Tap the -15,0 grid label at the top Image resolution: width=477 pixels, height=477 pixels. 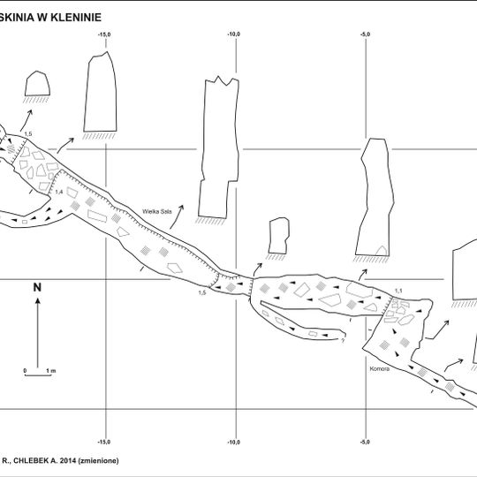(104, 34)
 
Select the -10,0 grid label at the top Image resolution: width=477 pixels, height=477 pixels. (234, 34)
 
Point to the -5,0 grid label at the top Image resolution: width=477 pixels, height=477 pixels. (365, 34)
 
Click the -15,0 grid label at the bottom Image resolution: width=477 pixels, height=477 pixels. (104, 442)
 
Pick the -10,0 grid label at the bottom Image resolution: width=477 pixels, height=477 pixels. (234, 442)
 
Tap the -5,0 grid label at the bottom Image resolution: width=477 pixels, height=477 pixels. (365, 442)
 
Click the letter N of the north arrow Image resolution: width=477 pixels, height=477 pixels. (37, 287)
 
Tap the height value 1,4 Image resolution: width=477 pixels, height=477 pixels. (59, 192)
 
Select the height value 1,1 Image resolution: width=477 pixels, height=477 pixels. (397, 291)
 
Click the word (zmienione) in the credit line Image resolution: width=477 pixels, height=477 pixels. (98, 460)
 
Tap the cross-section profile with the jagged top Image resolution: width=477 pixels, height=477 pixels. (218, 146)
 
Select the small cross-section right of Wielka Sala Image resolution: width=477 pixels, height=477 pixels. (278, 235)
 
